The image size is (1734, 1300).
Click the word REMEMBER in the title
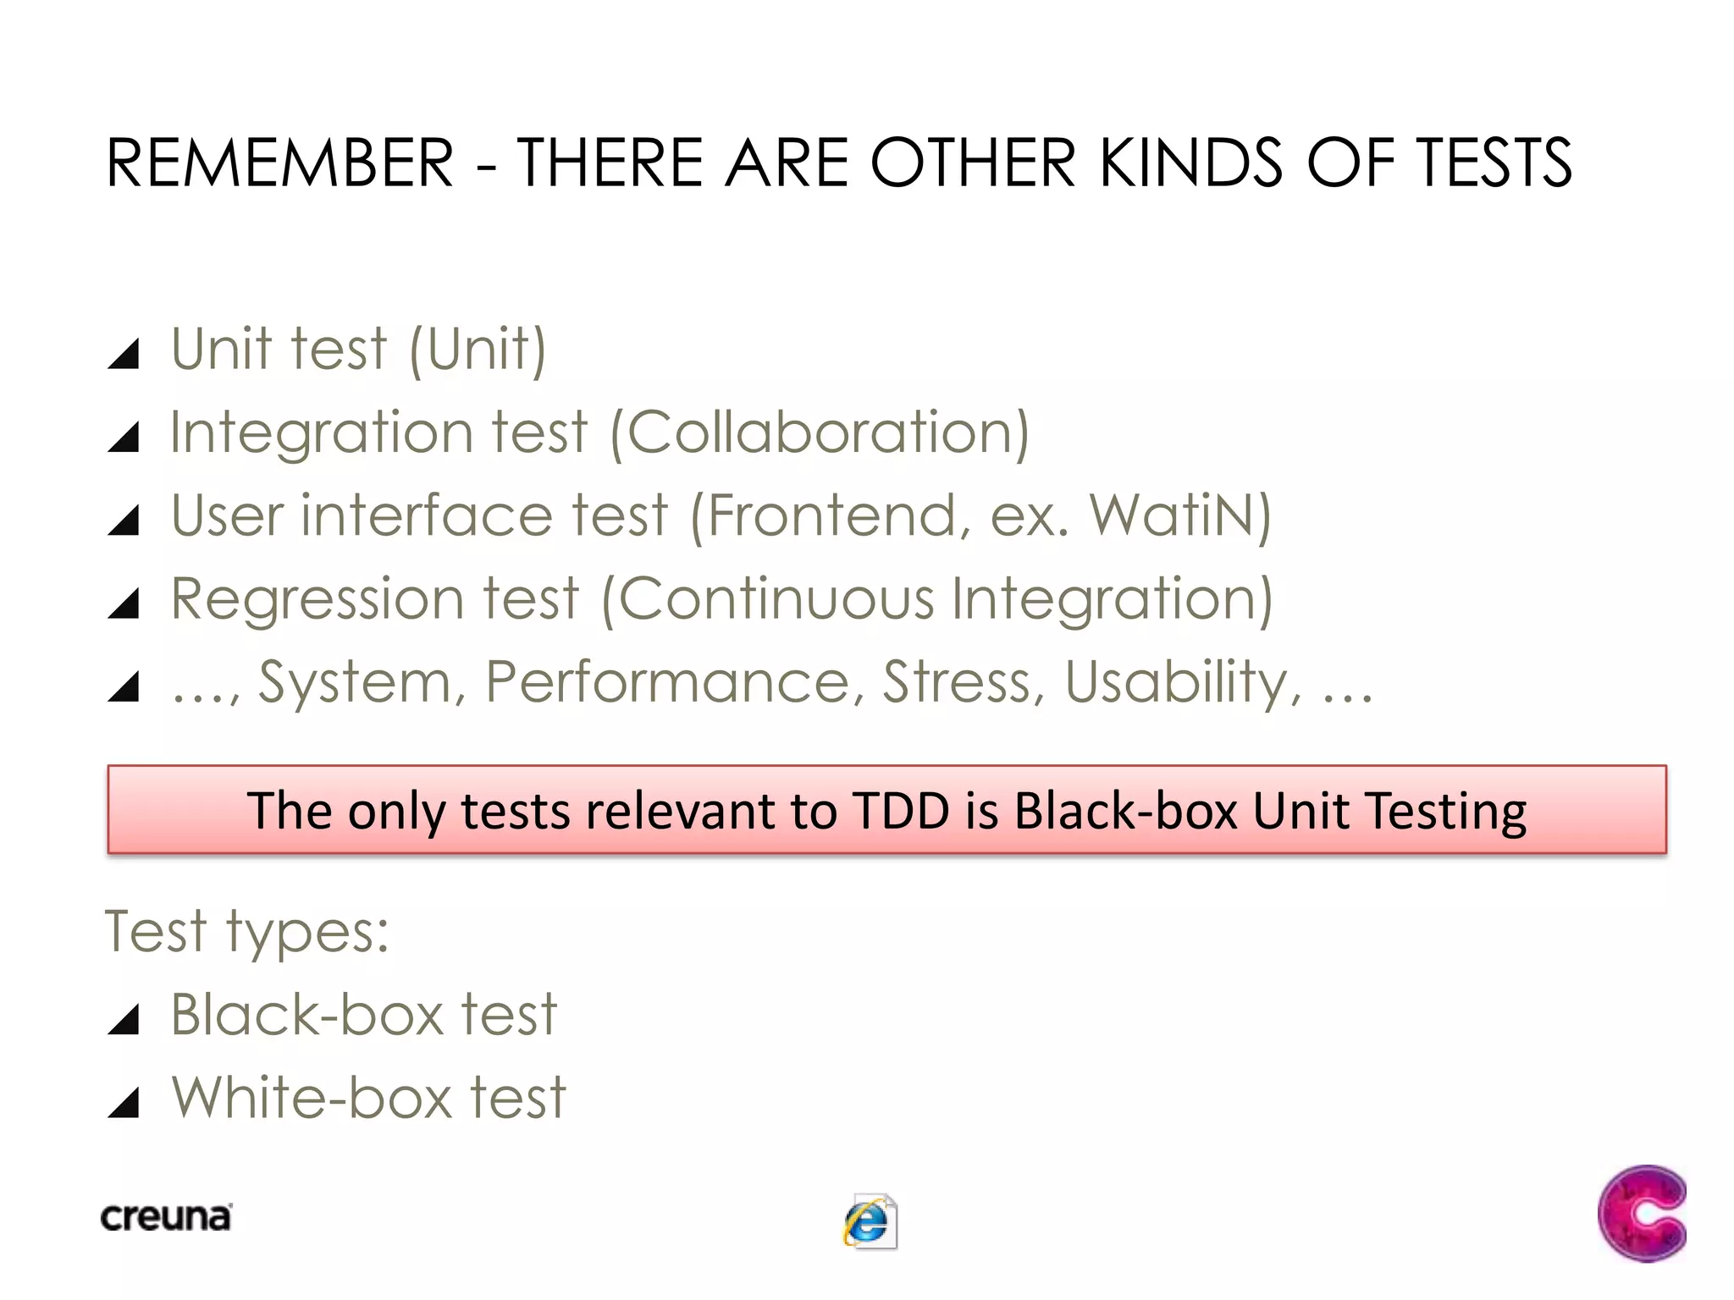point(279,162)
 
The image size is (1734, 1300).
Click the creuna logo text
point(166,1217)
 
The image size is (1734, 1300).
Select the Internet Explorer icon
point(870,1222)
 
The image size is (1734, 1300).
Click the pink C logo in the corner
point(1641,1213)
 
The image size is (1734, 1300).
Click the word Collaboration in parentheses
point(819,432)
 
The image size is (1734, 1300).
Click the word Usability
point(1177,682)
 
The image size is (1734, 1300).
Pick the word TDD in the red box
point(902,810)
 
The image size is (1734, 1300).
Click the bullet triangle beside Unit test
point(124,354)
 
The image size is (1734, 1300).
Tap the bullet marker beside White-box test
point(124,1103)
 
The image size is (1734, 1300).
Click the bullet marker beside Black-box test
point(124,1020)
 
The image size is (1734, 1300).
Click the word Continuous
point(776,599)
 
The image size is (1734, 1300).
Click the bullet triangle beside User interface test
point(124,521)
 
